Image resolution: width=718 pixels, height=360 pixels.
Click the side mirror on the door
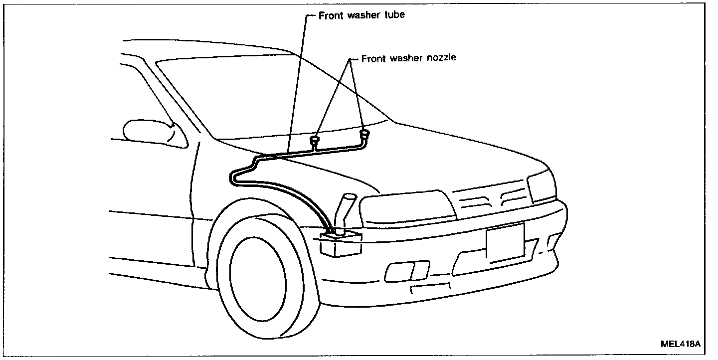tap(150, 133)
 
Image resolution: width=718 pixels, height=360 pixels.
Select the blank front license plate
tap(505, 243)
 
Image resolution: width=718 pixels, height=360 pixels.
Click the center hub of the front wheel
tap(258, 279)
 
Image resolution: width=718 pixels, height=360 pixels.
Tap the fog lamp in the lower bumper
tap(407, 271)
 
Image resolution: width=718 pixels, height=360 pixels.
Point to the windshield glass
tap(269, 95)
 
